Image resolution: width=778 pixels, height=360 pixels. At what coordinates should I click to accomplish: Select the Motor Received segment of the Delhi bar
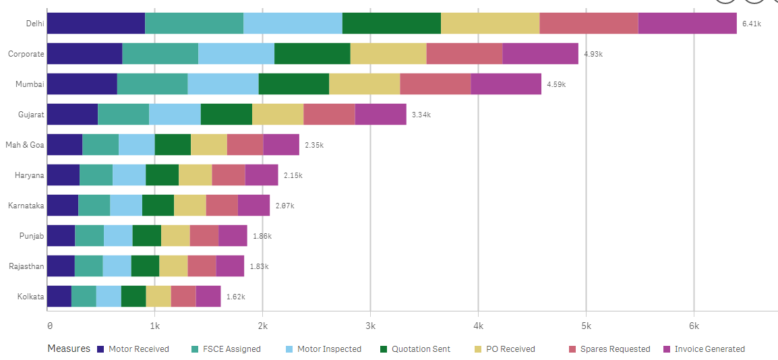(x=96, y=23)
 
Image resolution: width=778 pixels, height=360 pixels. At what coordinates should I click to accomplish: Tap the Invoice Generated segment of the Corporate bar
(x=540, y=53)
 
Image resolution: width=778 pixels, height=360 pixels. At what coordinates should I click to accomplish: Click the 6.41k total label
(x=751, y=24)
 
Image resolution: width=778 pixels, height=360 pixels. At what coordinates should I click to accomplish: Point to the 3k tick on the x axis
(x=369, y=326)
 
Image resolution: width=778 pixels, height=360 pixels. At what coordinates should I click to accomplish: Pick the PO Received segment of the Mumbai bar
(x=364, y=84)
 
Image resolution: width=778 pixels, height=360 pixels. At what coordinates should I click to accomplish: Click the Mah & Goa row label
(x=25, y=145)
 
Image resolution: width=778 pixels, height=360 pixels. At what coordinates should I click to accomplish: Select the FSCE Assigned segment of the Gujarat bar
(x=123, y=115)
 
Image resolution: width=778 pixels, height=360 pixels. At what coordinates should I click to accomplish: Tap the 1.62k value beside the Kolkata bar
(x=235, y=297)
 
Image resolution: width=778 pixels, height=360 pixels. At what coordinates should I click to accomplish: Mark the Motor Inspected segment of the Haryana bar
(x=129, y=175)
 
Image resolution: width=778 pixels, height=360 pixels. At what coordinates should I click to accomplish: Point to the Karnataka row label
(x=26, y=205)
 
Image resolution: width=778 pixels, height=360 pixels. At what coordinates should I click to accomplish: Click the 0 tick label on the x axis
(x=49, y=326)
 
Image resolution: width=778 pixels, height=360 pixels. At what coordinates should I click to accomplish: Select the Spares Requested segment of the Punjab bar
(x=204, y=236)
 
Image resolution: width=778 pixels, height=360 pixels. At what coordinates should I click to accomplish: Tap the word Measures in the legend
(x=68, y=349)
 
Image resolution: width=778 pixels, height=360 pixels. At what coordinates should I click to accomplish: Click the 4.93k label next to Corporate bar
(x=593, y=54)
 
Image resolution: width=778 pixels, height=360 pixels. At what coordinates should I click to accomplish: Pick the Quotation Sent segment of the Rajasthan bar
(x=145, y=266)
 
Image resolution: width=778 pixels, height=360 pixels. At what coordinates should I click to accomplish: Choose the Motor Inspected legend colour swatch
(x=290, y=349)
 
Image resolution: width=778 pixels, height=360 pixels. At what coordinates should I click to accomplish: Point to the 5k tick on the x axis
(x=585, y=326)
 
